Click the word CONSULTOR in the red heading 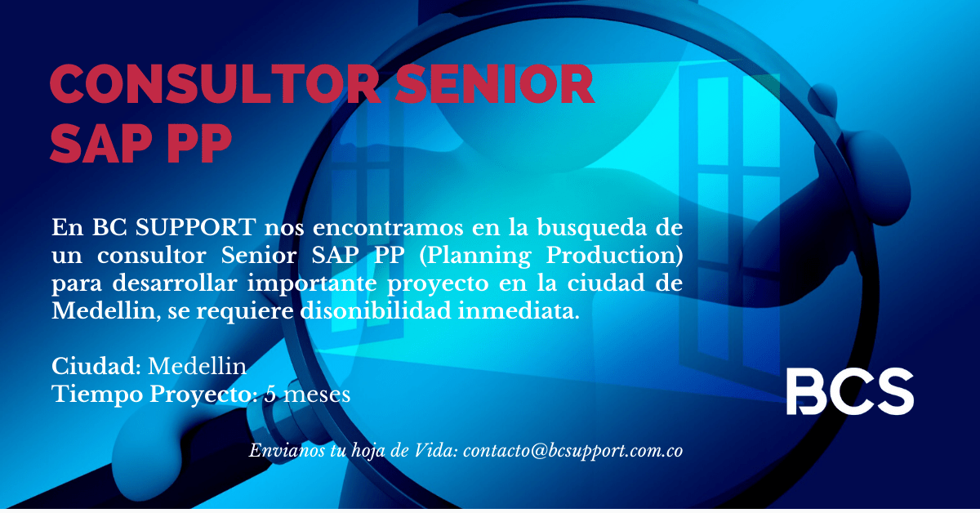[x=214, y=83]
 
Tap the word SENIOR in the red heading [x=494, y=83]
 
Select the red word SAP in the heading [x=100, y=143]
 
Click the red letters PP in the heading [x=199, y=143]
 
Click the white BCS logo [x=849, y=391]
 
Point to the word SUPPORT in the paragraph [x=195, y=228]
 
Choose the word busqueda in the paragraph [x=591, y=229]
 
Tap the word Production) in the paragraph [x=614, y=256]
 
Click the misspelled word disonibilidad [x=376, y=310]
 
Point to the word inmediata [x=519, y=311]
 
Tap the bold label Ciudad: [x=96, y=366]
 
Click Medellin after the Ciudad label [x=198, y=366]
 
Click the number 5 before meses [x=270, y=395]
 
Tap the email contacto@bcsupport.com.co [x=573, y=451]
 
